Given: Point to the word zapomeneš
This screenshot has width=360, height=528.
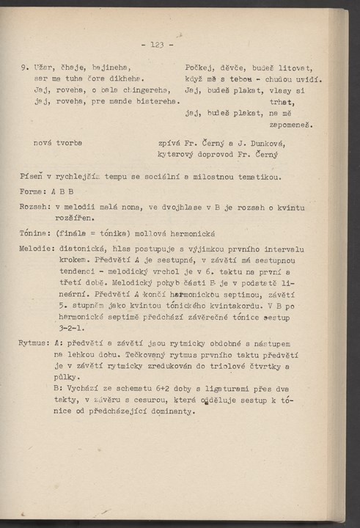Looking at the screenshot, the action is pyautogui.click(x=293, y=125).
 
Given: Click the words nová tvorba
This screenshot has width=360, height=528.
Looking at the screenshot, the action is pyautogui.click(x=58, y=142).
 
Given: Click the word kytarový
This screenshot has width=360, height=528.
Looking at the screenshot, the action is pyautogui.click(x=177, y=154).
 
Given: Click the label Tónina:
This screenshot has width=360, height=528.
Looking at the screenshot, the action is pyautogui.click(x=35, y=232).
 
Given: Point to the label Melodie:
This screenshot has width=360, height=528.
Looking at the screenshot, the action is pyautogui.click(x=37, y=249).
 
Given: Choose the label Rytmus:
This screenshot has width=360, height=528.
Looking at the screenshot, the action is pyautogui.click(x=36, y=342).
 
